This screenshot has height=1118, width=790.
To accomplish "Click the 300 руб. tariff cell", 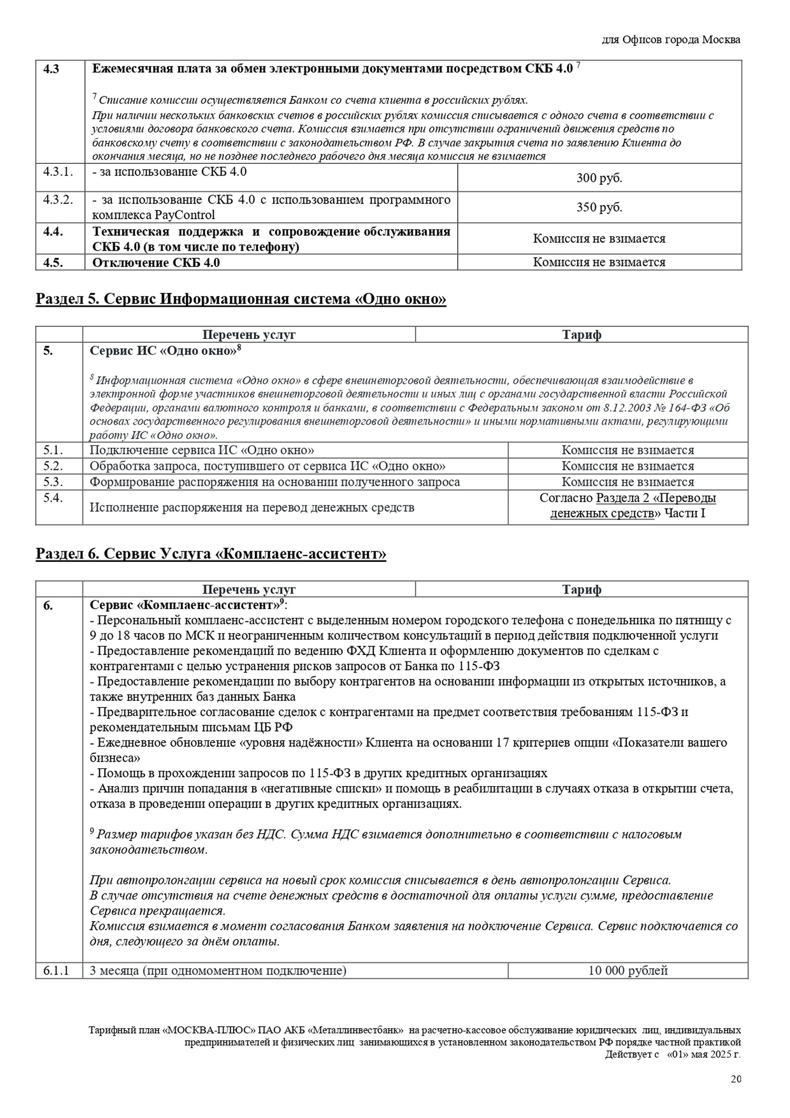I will (599, 178).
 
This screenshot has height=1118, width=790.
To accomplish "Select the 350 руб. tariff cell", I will (599, 207).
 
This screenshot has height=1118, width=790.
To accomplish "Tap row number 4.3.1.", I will (58, 172).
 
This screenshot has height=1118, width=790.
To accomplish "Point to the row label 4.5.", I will (53, 263).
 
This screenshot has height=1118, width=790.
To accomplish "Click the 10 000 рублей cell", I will (627, 970).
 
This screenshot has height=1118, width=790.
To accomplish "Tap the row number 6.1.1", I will (56, 970).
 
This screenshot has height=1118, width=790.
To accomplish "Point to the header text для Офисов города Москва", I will (671, 40).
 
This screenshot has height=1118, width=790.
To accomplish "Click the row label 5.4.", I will (53, 498).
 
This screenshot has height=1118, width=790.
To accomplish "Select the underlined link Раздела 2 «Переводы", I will (655, 498).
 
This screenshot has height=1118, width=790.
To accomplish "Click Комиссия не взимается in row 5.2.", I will (627, 466).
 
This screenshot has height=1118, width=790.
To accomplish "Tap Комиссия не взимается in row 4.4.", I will (599, 239).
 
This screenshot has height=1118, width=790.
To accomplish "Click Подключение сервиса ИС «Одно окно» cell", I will (202, 451).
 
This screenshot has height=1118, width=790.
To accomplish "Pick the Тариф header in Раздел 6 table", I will (581, 590).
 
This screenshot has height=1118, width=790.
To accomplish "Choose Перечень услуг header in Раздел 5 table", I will (249, 335).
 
